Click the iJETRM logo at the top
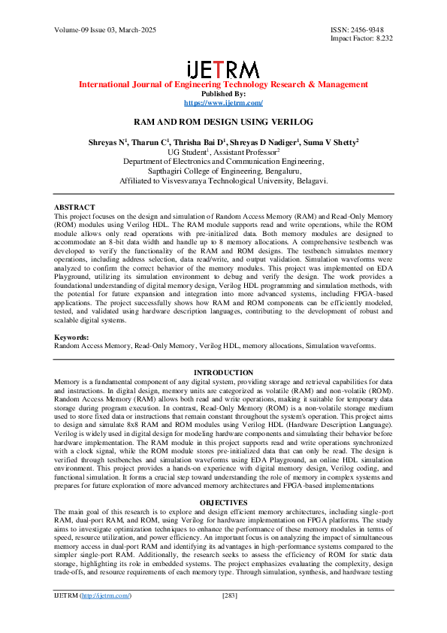click(x=223, y=69)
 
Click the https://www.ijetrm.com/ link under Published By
click(x=223, y=102)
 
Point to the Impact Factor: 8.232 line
click(x=361, y=38)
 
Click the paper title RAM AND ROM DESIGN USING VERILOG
click(x=223, y=121)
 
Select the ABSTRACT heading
click(x=74, y=207)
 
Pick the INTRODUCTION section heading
click(x=224, y=373)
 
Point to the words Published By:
click(x=223, y=94)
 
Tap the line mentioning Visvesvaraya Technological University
click(x=223, y=180)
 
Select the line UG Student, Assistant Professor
click(x=223, y=151)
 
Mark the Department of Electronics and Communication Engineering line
click(x=223, y=161)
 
